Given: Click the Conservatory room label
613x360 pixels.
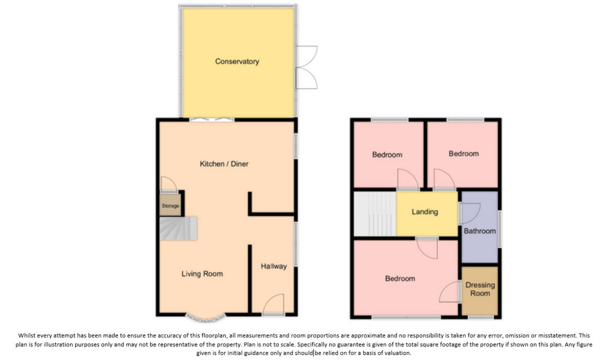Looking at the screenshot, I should pyautogui.click(x=237, y=61).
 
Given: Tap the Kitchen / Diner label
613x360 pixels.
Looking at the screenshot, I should pyautogui.click(x=224, y=164).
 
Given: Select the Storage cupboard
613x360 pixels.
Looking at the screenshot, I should pyautogui.click(x=170, y=206).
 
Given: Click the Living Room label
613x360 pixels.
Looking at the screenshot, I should pyautogui.click(x=202, y=274).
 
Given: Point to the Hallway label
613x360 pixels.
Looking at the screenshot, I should pyautogui.click(x=274, y=266).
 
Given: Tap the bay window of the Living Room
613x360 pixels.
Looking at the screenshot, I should pyautogui.click(x=205, y=319).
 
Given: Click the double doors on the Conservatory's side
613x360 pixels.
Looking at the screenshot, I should pyautogui.click(x=307, y=67).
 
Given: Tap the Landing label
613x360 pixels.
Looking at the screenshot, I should pyautogui.click(x=425, y=212).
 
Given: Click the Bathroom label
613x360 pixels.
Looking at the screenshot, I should pyautogui.click(x=480, y=231).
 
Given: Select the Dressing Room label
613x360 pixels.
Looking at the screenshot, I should pyautogui.click(x=480, y=289).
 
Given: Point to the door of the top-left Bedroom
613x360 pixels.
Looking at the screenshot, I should pyautogui.click(x=408, y=180).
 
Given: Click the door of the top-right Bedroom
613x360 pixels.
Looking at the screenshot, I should pyautogui.click(x=444, y=180).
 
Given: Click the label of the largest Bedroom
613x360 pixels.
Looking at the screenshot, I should pyautogui.click(x=400, y=278).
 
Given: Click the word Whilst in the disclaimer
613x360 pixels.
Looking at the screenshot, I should pyautogui.click(x=28, y=335).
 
